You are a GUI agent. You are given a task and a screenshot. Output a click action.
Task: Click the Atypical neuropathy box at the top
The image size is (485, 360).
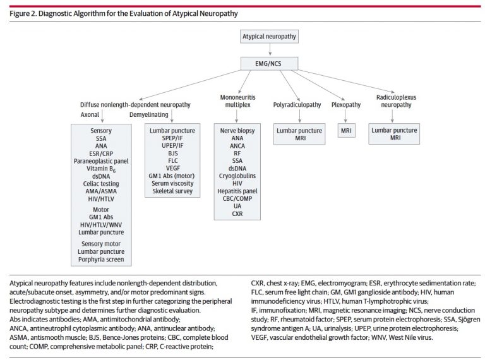(270, 37)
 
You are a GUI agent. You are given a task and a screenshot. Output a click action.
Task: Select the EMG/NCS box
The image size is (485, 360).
(270, 64)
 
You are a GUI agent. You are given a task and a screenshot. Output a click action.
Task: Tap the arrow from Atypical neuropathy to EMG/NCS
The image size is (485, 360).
(270, 49)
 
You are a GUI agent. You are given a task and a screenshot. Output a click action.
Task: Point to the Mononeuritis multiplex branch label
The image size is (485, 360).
(238, 101)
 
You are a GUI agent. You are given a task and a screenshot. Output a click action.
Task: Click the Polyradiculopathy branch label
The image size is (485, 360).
(297, 105)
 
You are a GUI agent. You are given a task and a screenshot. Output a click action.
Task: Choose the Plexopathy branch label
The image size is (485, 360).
(346, 105)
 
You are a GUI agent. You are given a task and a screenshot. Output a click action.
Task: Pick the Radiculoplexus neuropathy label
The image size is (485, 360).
(396, 101)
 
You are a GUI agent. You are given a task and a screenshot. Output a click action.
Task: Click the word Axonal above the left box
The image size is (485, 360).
(90, 115)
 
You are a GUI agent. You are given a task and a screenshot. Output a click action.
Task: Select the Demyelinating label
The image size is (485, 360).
(149, 115)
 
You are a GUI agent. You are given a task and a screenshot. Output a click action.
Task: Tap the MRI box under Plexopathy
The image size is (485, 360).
(347, 131)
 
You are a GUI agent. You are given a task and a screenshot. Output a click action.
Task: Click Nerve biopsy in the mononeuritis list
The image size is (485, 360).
(237, 131)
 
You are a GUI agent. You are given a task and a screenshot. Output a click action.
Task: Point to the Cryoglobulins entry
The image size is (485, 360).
(237, 176)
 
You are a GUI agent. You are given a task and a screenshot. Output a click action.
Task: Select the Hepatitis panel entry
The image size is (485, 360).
(237, 191)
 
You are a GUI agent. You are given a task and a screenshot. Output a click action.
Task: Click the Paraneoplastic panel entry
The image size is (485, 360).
(101, 161)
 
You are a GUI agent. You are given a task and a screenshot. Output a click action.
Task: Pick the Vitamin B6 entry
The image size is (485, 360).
(101, 169)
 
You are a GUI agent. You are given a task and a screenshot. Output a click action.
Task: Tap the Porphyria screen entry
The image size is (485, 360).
(101, 260)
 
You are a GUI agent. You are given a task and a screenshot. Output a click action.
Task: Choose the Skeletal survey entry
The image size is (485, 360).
(172, 191)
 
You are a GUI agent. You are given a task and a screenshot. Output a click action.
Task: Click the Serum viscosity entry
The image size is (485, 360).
(172, 183)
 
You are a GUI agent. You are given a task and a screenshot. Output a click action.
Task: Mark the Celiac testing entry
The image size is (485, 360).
(101, 184)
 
